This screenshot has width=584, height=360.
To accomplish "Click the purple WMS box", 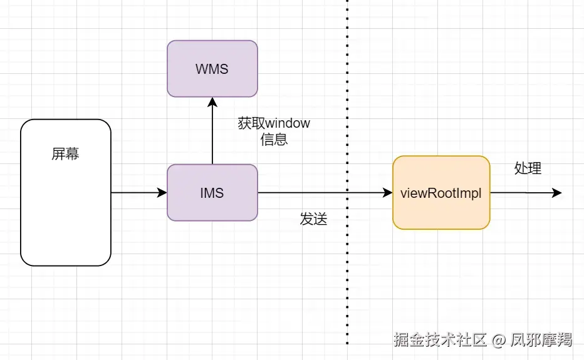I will (x=212, y=68).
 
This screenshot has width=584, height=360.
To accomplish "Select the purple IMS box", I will (x=212, y=193).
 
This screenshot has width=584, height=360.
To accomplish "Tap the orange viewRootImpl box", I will (x=441, y=193).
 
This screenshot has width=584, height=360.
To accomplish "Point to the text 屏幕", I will (x=65, y=154).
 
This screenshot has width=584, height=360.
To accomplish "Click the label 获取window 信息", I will (x=274, y=131).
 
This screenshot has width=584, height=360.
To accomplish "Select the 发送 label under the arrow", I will (x=313, y=220).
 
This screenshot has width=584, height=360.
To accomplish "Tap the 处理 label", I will (x=528, y=168).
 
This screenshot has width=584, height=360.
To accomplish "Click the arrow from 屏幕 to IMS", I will (x=138, y=193).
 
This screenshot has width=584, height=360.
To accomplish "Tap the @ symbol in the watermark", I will (x=499, y=341).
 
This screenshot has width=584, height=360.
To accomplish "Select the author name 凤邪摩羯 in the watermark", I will (x=541, y=340).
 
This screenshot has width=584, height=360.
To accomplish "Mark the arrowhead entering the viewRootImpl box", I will (x=387, y=193).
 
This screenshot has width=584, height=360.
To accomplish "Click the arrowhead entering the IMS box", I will (x=162, y=193).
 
